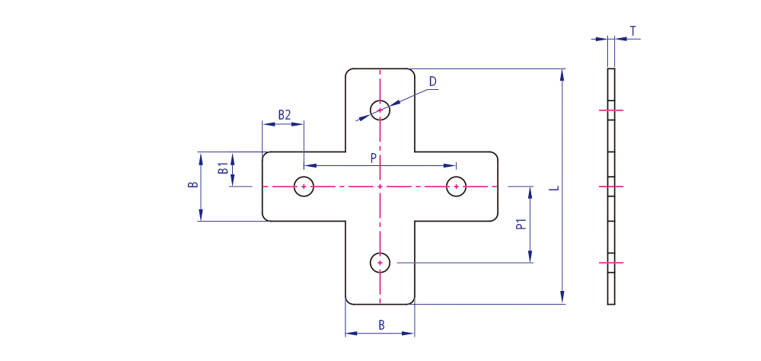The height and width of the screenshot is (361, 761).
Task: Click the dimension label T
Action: click(x=632, y=31)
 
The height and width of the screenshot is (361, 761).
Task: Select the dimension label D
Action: click(x=433, y=81)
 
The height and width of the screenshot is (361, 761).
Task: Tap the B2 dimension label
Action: click(x=285, y=115)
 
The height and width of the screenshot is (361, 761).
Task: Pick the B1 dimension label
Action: click(x=223, y=169)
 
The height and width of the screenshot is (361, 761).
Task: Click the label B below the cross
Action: click(x=381, y=325)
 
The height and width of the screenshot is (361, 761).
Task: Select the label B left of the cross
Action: click(x=193, y=185)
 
